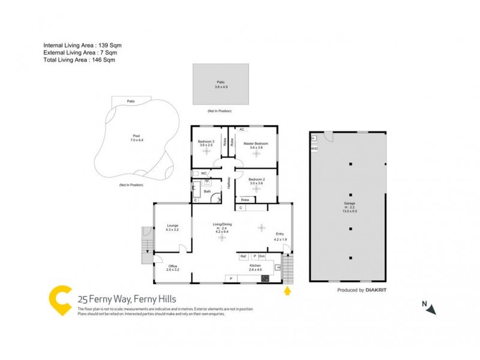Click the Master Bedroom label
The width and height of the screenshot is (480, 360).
point(256,144)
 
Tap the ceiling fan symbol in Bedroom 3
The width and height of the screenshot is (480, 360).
point(206,152)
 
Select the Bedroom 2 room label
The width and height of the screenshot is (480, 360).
point(256,179)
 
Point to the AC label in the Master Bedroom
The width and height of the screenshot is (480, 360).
point(242,130)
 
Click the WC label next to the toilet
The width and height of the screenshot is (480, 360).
point(204,173)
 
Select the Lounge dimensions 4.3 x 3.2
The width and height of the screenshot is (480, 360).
point(172,230)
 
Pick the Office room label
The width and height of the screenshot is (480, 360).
point(172,266)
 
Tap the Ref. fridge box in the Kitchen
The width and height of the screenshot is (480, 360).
point(243,256)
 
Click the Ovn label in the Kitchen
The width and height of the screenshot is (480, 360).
point(262,256)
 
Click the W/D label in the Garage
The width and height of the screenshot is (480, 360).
point(314,148)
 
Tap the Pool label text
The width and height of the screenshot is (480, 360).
point(136,136)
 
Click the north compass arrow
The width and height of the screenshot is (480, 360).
point(432,310)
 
